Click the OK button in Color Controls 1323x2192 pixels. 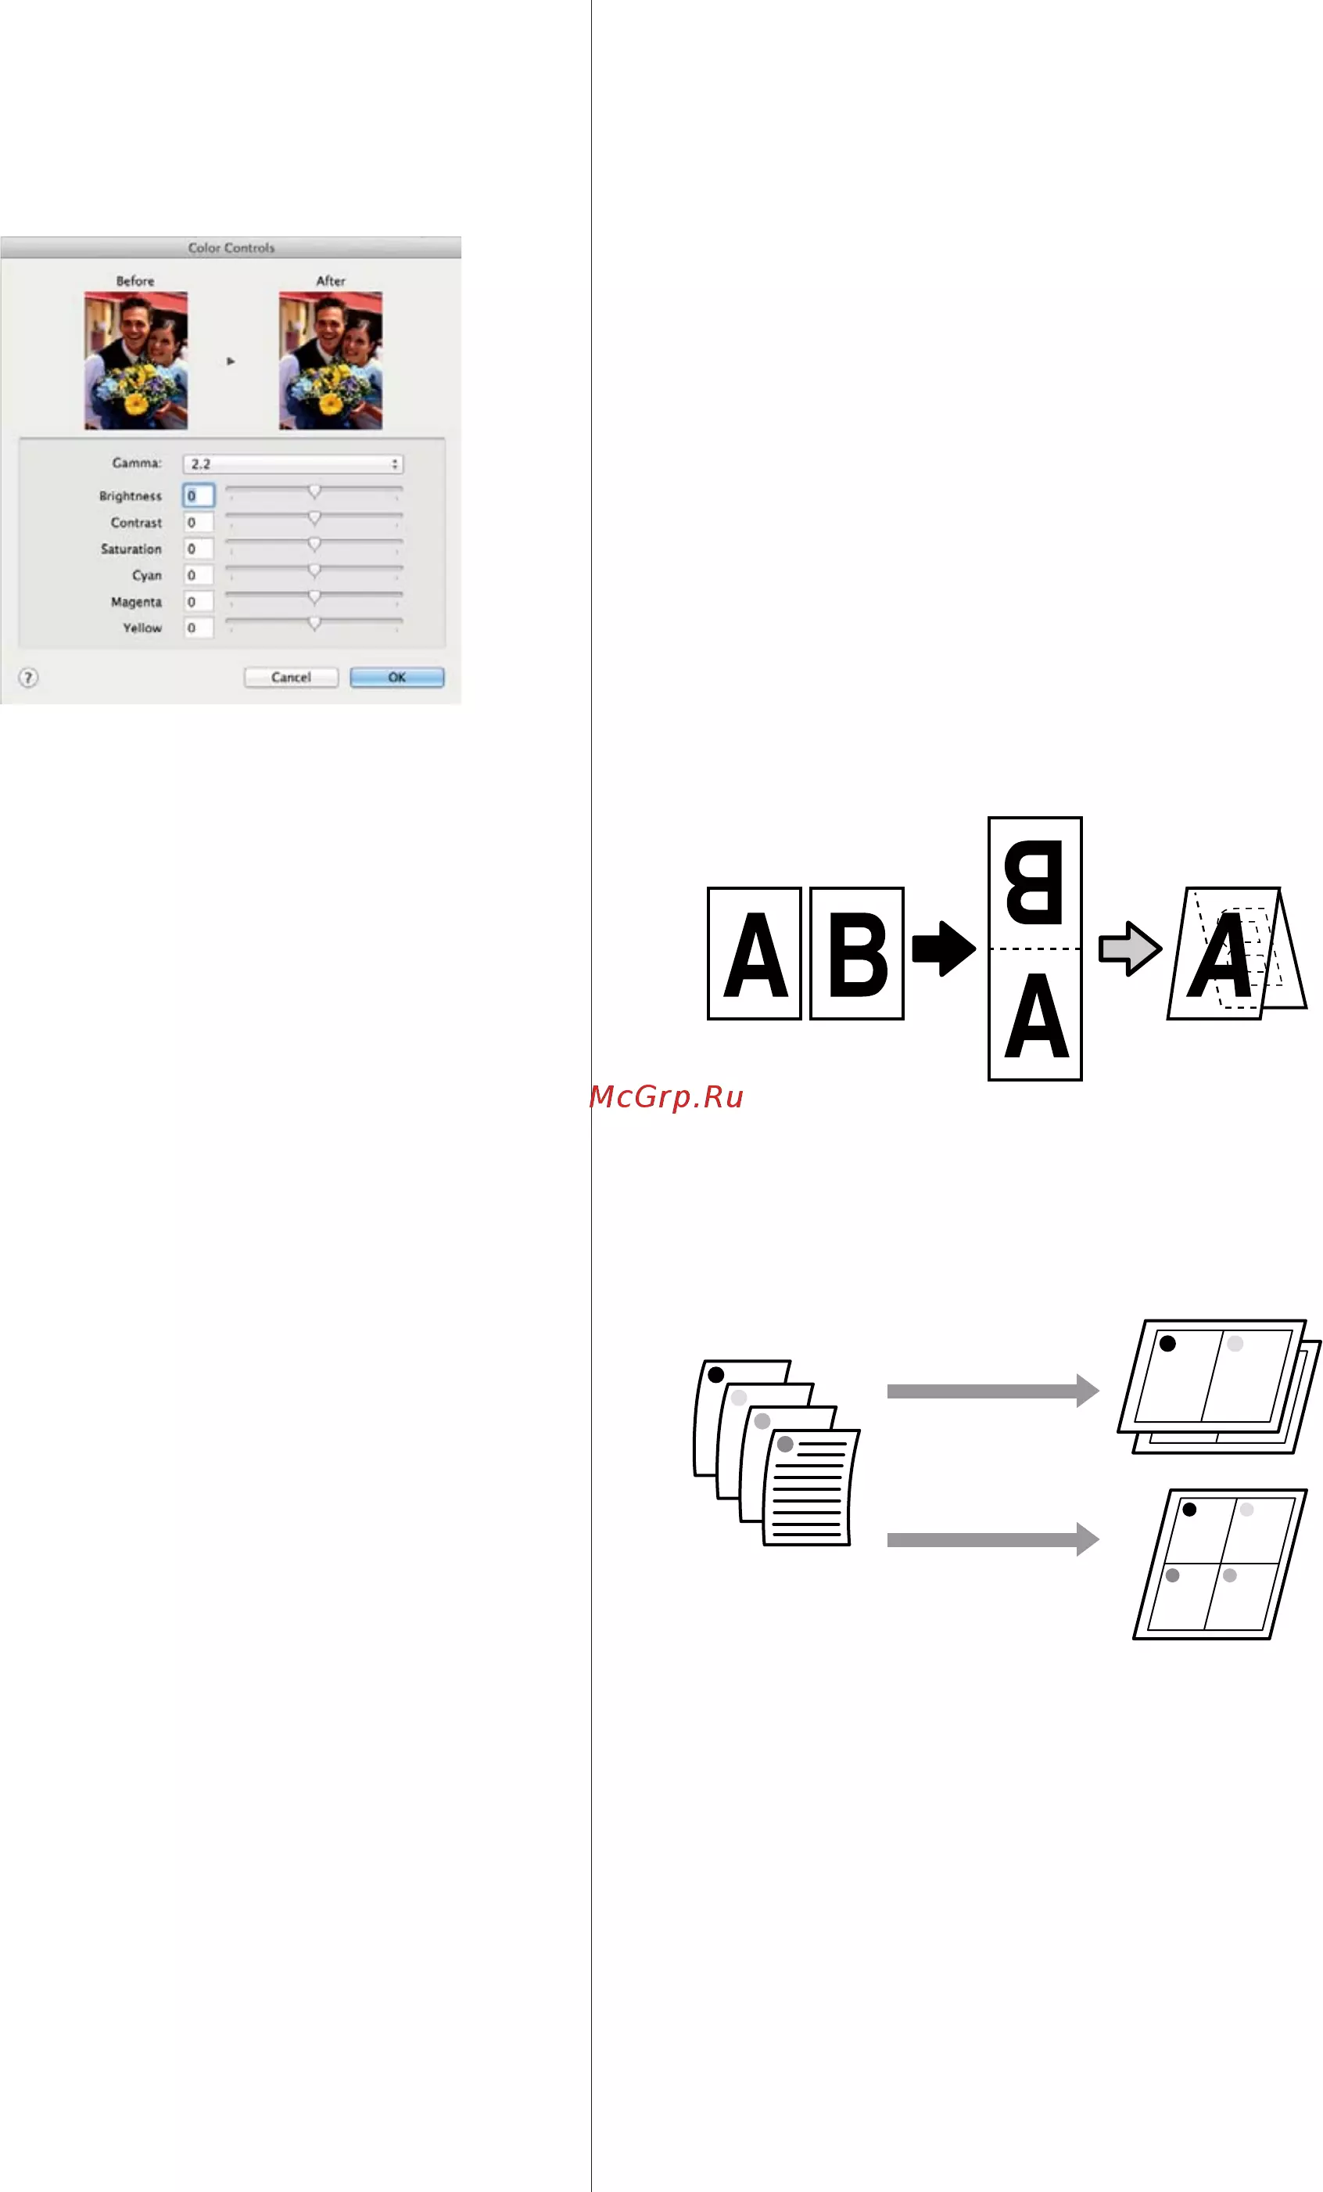click(396, 677)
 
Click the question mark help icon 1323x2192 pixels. click(28, 678)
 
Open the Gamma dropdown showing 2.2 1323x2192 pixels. click(292, 463)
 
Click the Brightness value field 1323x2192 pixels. click(199, 495)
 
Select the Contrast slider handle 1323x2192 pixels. click(314, 518)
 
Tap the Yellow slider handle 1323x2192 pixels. click(314, 624)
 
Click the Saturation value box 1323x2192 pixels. click(199, 549)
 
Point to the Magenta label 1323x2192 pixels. click(136, 603)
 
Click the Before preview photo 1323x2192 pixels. click(136, 360)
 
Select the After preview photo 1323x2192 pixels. click(331, 360)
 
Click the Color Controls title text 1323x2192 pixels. click(231, 247)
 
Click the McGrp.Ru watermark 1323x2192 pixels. click(667, 1097)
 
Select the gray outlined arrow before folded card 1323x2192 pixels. click(1130, 948)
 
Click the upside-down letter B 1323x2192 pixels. click(1034, 882)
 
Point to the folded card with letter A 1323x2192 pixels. click(1236, 952)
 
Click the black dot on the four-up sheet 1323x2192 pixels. click(1189, 1509)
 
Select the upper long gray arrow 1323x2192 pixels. click(993, 1391)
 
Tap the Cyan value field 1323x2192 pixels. click(199, 575)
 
